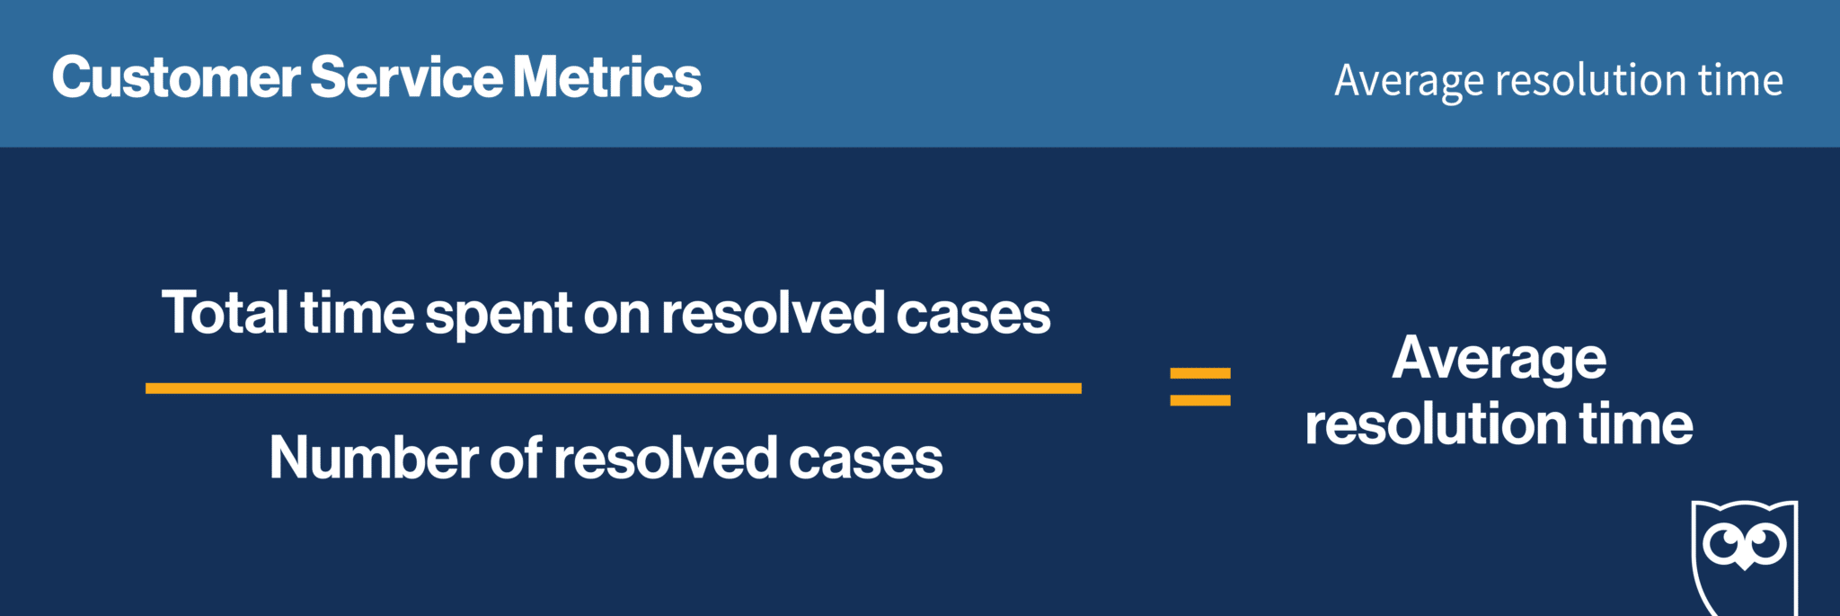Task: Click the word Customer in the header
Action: pyautogui.click(x=176, y=76)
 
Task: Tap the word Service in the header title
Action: pyautogui.click(x=407, y=76)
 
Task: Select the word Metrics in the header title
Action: pyautogui.click(x=607, y=76)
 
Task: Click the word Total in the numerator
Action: pyautogui.click(x=226, y=313)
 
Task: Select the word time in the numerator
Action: pyautogui.click(x=358, y=313)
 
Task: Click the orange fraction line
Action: pyautogui.click(x=614, y=388)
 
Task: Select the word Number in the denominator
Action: pyautogui.click(x=374, y=458)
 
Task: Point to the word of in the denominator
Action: pyautogui.click(x=517, y=458)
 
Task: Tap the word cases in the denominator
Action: pyautogui.click(x=866, y=462)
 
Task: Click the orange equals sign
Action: pyautogui.click(x=1200, y=387)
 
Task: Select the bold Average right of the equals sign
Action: pyautogui.click(x=1499, y=361)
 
